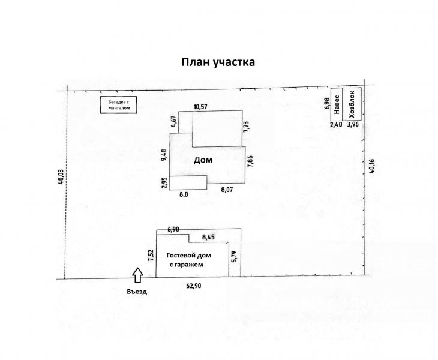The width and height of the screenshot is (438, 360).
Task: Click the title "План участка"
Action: pos(218,62)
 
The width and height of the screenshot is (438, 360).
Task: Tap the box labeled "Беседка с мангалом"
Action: pos(118,105)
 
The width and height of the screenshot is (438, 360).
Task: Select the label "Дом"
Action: pos(203,160)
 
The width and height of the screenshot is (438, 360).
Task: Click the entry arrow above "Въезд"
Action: pos(138,275)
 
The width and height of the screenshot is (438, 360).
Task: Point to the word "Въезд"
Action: pos(137,292)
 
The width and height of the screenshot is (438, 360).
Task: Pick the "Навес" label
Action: pos(337,104)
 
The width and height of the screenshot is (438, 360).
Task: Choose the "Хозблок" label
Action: pos(352,104)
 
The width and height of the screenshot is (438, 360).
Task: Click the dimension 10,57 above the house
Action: pos(200,106)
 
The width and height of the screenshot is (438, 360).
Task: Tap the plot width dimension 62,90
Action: pos(194,286)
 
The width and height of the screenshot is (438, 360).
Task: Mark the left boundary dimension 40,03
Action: pos(60,178)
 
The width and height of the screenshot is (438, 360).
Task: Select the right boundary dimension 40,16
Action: pos(371,166)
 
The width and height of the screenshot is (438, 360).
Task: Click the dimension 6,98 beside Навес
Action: pos(328,103)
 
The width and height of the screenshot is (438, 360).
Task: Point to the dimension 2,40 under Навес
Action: pos(336,125)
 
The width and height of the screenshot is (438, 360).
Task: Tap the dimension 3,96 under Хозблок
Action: pos(353,124)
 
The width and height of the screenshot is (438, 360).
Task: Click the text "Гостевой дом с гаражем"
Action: pos(189,260)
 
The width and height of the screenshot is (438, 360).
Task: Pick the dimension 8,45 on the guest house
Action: pos(209,238)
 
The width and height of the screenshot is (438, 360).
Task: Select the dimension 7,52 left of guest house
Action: pos(151,255)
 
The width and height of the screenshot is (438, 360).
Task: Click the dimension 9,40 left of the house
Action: pos(164,155)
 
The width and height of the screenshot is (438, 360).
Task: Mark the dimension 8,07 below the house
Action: pos(227,190)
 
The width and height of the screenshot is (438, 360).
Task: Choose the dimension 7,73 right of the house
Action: pos(247,127)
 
